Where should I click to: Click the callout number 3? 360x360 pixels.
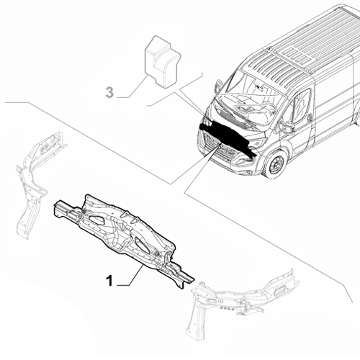click(109, 92)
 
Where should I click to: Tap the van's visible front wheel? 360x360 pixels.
click(276, 165)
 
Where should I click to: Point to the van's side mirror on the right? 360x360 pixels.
click(288, 127)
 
